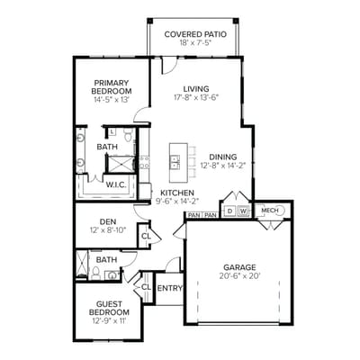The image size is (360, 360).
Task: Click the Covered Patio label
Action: pyautogui.click(x=195, y=34)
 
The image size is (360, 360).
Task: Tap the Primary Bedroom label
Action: pyautogui.click(x=112, y=86)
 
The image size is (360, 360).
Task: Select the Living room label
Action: pyautogui.click(x=196, y=88)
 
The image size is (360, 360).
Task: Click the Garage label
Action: pyautogui.click(x=240, y=267)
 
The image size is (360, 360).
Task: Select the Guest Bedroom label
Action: pyautogui.click(x=108, y=307)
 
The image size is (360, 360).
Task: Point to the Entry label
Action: pyautogui.click(x=169, y=288)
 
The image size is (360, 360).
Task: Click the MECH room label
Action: pyautogui.click(x=269, y=211)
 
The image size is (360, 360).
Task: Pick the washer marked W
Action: pyautogui.click(x=242, y=211)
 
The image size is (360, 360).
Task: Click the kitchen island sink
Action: pyautogui.click(x=175, y=163)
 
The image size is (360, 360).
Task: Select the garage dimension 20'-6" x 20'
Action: pyautogui.click(x=240, y=277)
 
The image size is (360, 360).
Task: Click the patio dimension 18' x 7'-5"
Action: pyautogui.click(x=195, y=42)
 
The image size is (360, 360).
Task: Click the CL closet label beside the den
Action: pyautogui.click(x=146, y=237)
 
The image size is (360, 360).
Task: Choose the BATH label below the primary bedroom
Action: pyautogui.click(x=107, y=147)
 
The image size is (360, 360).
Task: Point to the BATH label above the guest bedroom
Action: pyautogui.click(x=107, y=260)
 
